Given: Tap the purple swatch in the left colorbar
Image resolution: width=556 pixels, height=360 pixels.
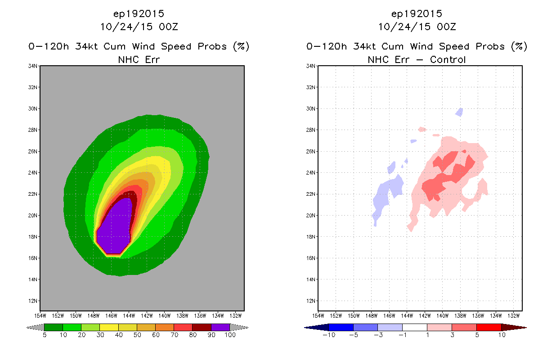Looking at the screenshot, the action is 220,327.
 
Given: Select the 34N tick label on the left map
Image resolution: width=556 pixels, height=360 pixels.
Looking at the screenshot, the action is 32,66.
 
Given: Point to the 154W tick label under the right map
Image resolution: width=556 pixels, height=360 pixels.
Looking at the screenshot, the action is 318,316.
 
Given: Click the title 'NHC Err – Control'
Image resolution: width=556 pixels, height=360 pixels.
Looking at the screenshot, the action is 417,59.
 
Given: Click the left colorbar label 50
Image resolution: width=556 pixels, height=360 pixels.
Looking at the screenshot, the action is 137,335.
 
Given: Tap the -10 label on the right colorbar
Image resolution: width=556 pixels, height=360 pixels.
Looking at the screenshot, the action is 329,335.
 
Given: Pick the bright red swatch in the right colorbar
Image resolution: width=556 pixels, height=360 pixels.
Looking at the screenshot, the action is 489,327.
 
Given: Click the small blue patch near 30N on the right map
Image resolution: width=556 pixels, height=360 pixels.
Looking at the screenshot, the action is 459,112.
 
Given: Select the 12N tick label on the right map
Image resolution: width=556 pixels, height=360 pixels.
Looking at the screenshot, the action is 310,301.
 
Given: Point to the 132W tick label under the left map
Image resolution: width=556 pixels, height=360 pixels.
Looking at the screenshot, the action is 236,316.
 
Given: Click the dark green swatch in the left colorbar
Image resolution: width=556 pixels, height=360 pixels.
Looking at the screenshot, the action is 54,327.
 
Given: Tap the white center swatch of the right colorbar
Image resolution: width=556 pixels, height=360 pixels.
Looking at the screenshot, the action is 415,327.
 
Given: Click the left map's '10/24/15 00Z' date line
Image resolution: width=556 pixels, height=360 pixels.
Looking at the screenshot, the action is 139,27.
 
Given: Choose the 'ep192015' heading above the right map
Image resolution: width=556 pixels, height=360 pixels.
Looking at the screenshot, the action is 417,13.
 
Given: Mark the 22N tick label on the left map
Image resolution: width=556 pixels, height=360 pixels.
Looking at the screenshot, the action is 32,194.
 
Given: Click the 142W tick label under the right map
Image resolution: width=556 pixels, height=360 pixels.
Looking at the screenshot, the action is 425,316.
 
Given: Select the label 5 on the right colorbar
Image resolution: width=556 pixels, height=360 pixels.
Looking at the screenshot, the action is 477,335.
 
